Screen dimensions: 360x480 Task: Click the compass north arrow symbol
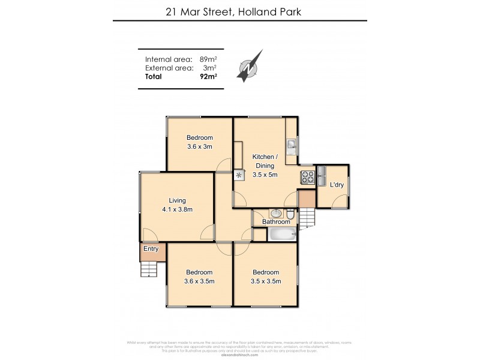248,68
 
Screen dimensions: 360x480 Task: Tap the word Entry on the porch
150,248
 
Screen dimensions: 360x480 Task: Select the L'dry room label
337,185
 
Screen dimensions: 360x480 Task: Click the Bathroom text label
276,222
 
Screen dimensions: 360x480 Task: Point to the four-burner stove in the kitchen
307,177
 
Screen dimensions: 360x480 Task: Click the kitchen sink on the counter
290,144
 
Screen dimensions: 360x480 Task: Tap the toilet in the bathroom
289,214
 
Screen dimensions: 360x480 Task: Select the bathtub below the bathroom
283,234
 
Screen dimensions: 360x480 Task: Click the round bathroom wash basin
275,213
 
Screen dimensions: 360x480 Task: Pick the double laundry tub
321,176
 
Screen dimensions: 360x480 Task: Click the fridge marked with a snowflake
239,175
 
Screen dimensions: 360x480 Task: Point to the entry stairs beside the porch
149,269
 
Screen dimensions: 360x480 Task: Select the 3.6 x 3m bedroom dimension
199,146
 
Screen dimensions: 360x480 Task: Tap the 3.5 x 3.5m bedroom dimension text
265,281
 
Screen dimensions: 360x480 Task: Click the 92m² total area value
208,77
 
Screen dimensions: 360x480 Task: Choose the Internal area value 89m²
208,59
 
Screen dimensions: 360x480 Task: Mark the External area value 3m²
211,68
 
